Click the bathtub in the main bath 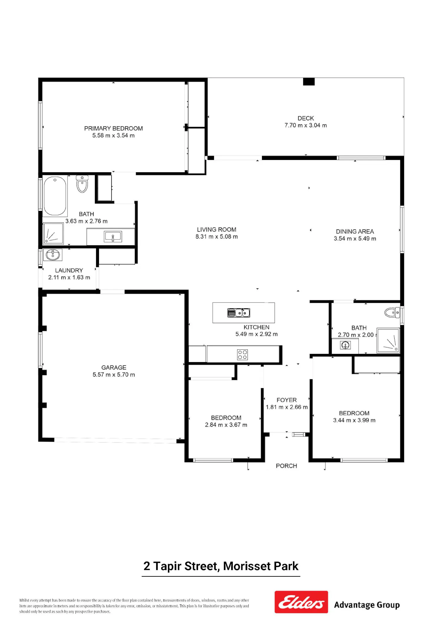pos(55,196)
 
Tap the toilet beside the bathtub pos(82,184)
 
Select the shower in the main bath pos(53,234)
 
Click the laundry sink pos(53,255)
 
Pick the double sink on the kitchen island pos(239,312)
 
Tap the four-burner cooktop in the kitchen pos(243,355)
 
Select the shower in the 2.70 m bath pos(388,340)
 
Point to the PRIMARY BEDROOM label pos(113,128)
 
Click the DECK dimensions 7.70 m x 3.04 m pos(306,125)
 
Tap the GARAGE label pos(114,368)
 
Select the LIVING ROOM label pos(217,229)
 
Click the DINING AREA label pos(355,232)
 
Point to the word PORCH pos(286,466)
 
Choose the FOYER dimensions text pos(287,407)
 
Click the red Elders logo pos(301,602)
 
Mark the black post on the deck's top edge pos(309,82)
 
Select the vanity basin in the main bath pos(113,237)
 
